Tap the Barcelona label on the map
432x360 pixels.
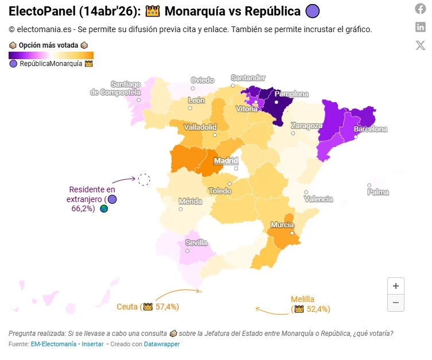(x=371, y=130)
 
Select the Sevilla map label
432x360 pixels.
(x=196, y=243)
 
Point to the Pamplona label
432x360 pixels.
(x=291, y=94)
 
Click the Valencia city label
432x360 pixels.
(x=318, y=199)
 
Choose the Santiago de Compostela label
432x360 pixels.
(x=116, y=88)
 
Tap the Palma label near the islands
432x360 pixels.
(x=378, y=192)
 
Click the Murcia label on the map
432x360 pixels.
(x=282, y=225)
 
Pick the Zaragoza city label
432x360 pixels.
(x=306, y=125)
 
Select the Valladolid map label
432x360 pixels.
(x=200, y=127)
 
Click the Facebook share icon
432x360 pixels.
(x=421, y=9)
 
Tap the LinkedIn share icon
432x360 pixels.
(x=421, y=27)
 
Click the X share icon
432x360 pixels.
(x=421, y=46)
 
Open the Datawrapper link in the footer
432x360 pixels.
(x=162, y=344)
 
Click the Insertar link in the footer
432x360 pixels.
(x=92, y=344)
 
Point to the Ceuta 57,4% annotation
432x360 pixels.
(x=148, y=307)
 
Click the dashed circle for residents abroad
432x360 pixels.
(x=144, y=180)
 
